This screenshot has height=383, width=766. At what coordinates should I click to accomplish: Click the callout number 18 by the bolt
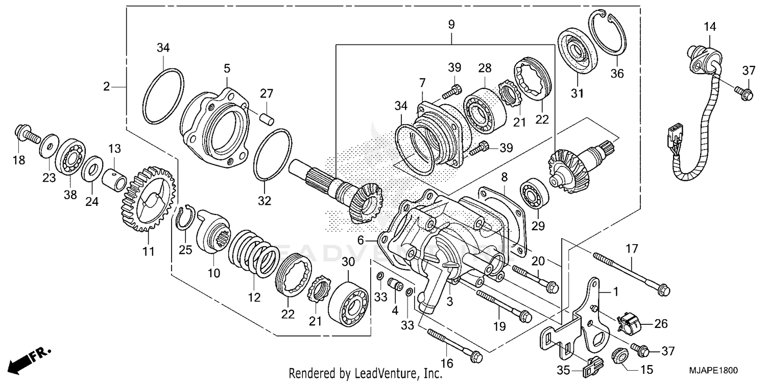tap(18, 160)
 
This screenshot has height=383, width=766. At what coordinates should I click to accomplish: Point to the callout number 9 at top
tap(451, 25)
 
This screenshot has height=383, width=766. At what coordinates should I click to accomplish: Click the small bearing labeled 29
tap(534, 196)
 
